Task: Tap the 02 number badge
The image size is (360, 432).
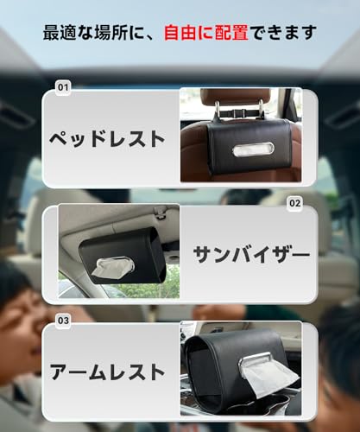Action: (x=295, y=204)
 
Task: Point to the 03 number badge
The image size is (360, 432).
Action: (x=62, y=320)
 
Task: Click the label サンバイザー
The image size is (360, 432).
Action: (x=250, y=255)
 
